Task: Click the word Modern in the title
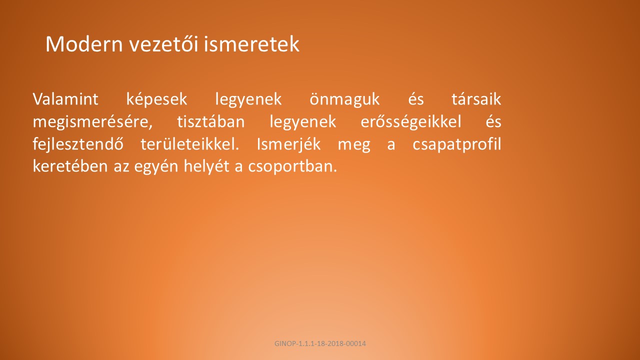click(x=84, y=44)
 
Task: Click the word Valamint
click(x=65, y=99)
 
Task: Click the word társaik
click(x=476, y=99)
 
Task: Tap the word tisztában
click(x=211, y=121)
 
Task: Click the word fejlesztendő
click(x=78, y=144)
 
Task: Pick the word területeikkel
click(x=189, y=144)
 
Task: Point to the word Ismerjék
click(x=288, y=144)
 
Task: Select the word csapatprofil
click(x=457, y=144)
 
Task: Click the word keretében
click(x=70, y=166)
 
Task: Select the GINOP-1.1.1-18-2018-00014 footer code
click(x=320, y=343)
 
